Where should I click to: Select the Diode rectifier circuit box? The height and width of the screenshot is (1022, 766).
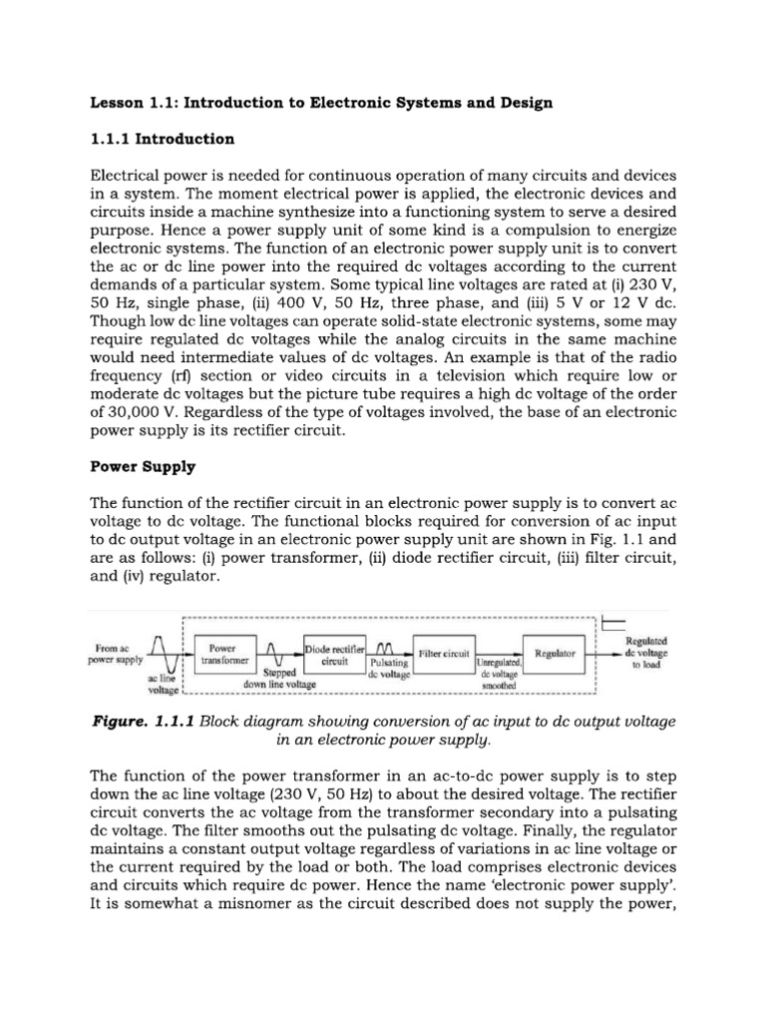pyautogui.click(x=334, y=654)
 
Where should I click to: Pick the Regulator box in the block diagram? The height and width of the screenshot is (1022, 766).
pyautogui.click(x=555, y=654)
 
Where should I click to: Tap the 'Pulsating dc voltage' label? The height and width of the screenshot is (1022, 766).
pyautogui.click(x=387, y=668)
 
